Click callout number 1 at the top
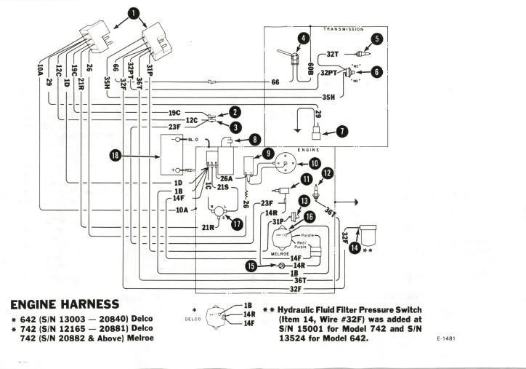(x=133, y=12)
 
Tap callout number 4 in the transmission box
(x=303, y=37)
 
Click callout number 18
(x=114, y=155)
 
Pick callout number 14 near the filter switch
(x=354, y=247)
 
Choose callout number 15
(x=252, y=266)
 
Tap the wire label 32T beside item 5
(x=331, y=54)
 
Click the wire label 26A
(x=226, y=179)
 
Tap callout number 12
(x=328, y=173)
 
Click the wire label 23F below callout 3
(x=175, y=127)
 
